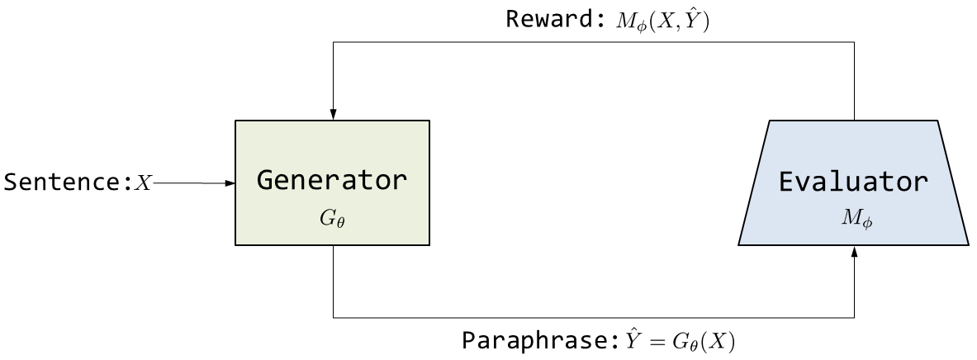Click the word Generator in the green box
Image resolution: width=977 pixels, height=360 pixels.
click(332, 180)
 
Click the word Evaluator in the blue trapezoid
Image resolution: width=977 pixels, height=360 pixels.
click(854, 182)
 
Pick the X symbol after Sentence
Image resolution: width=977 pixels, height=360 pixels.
click(144, 183)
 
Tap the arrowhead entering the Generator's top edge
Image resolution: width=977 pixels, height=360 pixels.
click(332, 115)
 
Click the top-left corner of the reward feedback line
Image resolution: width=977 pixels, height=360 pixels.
click(332, 42)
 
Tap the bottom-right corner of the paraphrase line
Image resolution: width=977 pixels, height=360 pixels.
click(854, 317)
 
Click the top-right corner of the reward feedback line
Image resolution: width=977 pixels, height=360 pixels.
click(854, 42)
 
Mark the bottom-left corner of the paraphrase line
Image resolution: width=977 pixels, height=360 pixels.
click(332, 317)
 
